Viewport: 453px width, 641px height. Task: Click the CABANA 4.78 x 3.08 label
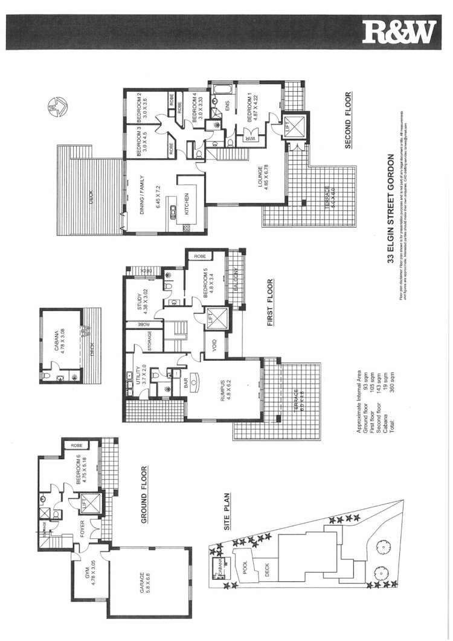pos(60,342)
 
